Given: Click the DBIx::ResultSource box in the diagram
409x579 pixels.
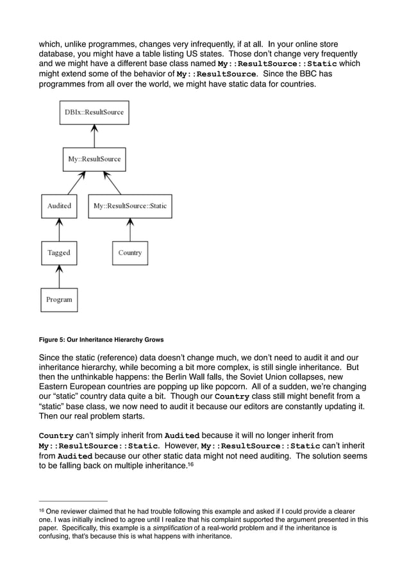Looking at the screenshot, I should [x=94, y=112].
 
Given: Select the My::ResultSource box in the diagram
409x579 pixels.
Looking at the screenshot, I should [x=94, y=159].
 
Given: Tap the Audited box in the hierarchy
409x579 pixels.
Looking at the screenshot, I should [x=59, y=206].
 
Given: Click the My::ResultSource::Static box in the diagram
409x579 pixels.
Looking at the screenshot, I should [x=130, y=206].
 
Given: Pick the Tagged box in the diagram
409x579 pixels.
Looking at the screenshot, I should [x=59, y=253].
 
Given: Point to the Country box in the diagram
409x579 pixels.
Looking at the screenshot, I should [x=130, y=253].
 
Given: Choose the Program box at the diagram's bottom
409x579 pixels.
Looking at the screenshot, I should [x=59, y=299].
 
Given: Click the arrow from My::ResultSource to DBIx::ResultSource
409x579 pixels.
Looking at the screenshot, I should [x=94, y=135].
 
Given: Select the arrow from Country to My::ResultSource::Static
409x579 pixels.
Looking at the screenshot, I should [x=130, y=230].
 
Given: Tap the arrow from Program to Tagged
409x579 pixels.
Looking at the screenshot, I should [x=59, y=276].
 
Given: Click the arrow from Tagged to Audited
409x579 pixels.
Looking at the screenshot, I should [x=59, y=230].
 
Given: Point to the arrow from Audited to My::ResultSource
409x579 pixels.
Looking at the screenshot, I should [x=75, y=183].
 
